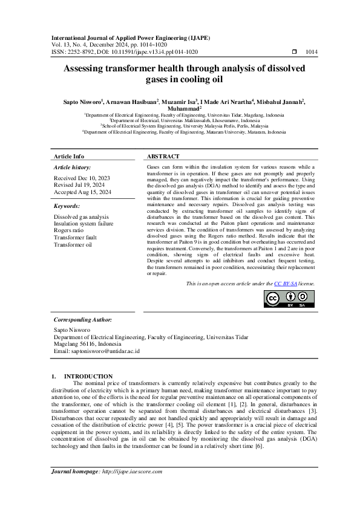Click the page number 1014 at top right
coord(311,53)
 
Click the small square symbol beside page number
coord(294,53)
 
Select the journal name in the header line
coord(131,37)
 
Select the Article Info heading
coord(69,156)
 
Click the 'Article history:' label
coord(73,166)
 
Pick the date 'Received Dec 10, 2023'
coord(82,179)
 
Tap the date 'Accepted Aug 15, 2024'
coord(82,192)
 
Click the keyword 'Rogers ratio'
coord(70,230)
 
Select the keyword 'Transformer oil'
coord(73,244)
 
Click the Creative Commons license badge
coord(289,299)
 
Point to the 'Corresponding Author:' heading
coord(83,319)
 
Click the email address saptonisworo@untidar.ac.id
coord(97,351)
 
